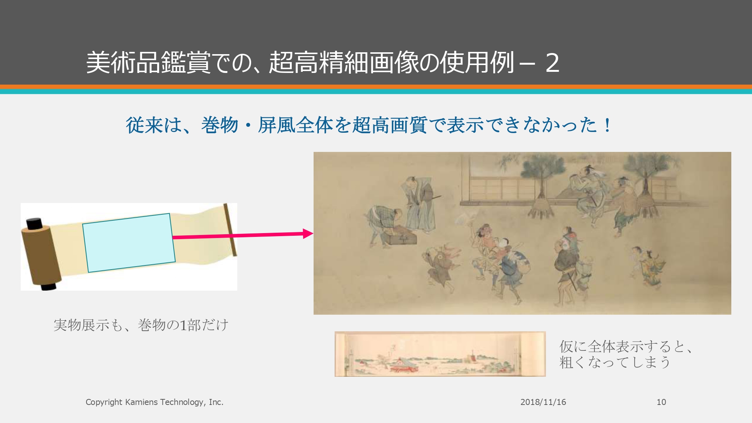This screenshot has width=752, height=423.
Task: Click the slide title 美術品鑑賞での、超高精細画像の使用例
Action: pos(300,62)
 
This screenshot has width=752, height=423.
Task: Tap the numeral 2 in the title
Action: pos(552,63)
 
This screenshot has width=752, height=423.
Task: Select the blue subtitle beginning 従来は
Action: pos(368,125)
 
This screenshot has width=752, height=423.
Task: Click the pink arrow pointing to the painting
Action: pos(243,235)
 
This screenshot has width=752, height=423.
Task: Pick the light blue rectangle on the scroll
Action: pos(129,243)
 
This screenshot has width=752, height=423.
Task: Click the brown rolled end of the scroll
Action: pos(41,256)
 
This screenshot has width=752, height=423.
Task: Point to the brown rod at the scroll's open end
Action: pos(230,230)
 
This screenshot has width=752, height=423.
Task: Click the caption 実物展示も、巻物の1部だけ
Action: pos(141,325)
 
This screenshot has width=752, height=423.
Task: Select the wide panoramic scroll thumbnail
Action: pos(440,354)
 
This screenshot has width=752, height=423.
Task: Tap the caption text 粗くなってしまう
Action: pos(615,362)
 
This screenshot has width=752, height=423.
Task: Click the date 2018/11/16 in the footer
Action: pos(543,402)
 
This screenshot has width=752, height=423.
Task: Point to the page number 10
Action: pos(661,402)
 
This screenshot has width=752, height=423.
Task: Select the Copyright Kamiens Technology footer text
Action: pos(155,402)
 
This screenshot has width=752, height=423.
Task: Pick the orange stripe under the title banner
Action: pos(376,87)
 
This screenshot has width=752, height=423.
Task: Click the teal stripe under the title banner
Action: pos(376,92)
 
